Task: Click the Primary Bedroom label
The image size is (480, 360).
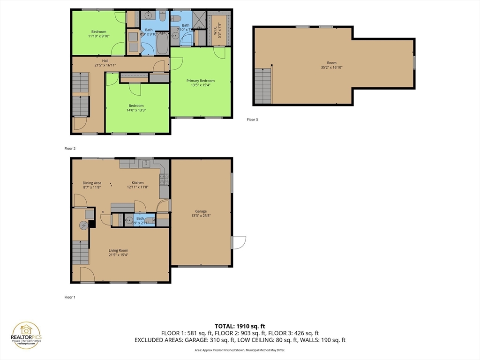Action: click(201, 81)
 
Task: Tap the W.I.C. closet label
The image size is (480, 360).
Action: click(217, 29)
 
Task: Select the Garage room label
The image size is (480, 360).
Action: click(201, 211)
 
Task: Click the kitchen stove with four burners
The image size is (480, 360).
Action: click(164, 178)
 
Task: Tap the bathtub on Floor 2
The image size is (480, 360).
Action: click(162, 45)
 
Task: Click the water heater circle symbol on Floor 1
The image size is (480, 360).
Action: click(83, 225)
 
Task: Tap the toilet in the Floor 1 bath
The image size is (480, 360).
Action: click(149, 220)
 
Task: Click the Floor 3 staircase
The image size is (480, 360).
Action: click(263, 85)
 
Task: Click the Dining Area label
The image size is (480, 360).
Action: click(92, 183)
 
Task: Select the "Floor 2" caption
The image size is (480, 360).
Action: click(70, 149)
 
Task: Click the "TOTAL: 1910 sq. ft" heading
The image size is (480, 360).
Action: click(240, 326)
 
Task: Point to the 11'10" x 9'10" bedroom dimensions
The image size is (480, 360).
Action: click(98, 36)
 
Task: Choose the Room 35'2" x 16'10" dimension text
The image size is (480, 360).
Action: click(332, 67)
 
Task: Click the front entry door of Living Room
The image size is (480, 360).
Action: click(87, 276)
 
